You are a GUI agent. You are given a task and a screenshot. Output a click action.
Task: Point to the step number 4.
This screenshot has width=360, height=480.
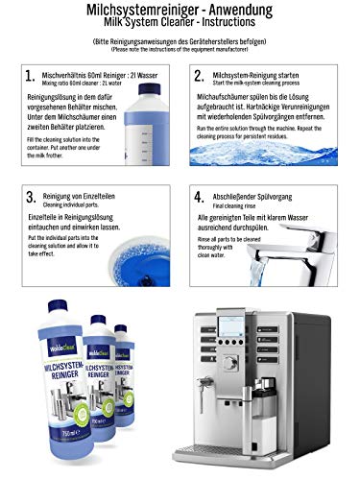[200, 198]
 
